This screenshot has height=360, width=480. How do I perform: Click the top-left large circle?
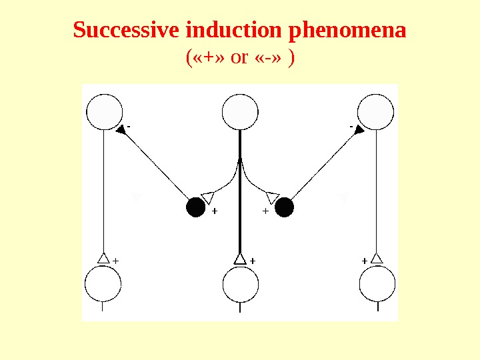point(105,112)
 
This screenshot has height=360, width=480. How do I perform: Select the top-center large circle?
point(240,112)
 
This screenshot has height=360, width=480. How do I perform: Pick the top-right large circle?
point(375,112)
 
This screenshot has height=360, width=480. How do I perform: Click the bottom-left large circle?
point(103,285)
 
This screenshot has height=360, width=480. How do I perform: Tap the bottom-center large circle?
point(240,285)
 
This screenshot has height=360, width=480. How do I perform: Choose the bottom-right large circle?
point(377,285)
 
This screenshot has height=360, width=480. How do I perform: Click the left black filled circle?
point(195,208)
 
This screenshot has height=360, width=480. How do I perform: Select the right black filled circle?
point(285,208)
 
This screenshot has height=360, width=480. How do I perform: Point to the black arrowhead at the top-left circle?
point(121,131)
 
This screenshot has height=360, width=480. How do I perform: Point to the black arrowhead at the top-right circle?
point(359,131)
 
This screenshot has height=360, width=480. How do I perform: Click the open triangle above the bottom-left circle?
point(103,258)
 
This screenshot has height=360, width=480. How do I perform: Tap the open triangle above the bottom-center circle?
point(240,259)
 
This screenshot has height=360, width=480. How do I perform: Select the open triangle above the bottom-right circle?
point(377,258)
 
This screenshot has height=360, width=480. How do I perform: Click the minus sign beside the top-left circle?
point(129,124)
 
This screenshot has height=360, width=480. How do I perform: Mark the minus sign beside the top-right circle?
point(351,124)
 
